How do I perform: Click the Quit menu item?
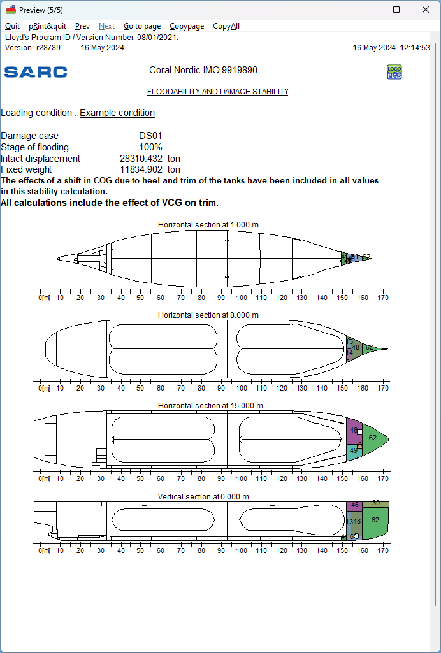(x=12, y=26)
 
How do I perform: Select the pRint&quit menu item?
(x=47, y=26)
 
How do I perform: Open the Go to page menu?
(x=142, y=26)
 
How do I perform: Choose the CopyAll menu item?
(x=226, y=26)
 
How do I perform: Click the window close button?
(x=426, y=10)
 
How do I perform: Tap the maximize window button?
(x=396, y=10)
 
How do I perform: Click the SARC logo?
(x=36, y=72)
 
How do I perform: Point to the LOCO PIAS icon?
(x=394, y=72)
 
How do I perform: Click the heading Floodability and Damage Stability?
(x=217, y=92)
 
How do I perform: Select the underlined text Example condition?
(x=117, y=113)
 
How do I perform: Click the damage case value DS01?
(x=150, y=136)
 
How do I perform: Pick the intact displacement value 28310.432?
(x=141, y=159)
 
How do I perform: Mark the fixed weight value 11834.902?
(x=141, y=169)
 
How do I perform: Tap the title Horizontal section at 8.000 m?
(x=208, y=315)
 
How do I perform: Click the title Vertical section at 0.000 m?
(x=203, y=496)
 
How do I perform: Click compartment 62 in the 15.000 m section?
(x=373, y=438)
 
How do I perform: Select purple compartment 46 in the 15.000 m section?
(x=354, y=431)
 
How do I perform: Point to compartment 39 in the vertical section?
(x=376, y=503)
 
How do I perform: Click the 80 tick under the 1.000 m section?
(x=201, y=298)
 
